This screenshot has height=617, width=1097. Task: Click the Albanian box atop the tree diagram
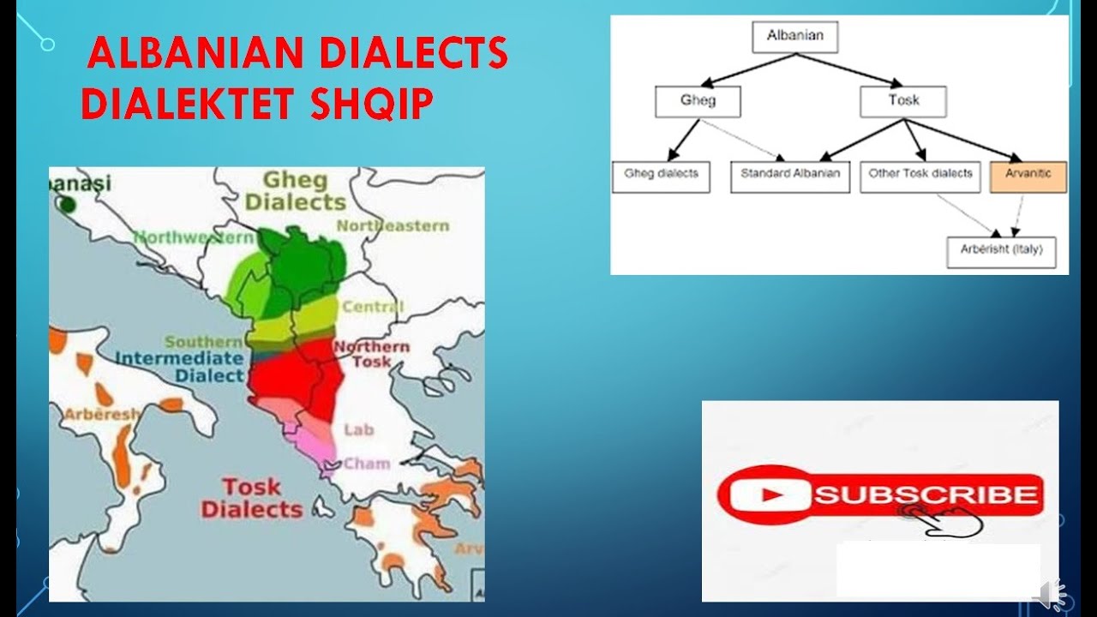click(794, 36)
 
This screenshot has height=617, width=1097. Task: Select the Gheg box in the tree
click(698, 101)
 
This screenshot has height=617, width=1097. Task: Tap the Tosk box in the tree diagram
click(903, 101)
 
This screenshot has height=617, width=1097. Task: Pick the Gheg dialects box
click(661, 176)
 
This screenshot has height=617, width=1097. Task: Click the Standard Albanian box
click(790, 176)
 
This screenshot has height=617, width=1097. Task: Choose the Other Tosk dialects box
click(920, 176)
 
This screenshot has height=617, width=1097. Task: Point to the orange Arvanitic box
click(1028, 176)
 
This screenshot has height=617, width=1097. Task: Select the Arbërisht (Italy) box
click(1001, 252)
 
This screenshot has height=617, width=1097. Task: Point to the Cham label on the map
click(367, 464)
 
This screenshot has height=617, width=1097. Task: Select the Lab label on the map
click(359, 429)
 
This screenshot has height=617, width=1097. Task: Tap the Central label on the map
click(373, 307)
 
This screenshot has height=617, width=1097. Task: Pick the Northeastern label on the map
click(393, 225)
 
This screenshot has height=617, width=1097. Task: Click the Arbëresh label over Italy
click(101, 414)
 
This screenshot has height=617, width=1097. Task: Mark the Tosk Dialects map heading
click(252, 498)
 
